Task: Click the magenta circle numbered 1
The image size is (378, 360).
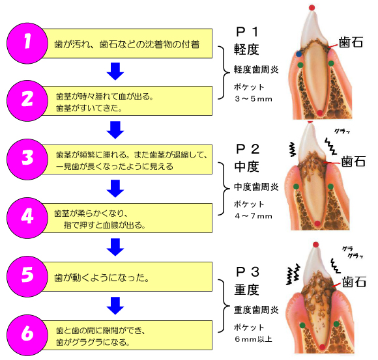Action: (27, 44)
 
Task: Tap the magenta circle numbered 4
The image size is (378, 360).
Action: (27, 218)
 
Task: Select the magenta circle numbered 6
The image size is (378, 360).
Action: (27, 335)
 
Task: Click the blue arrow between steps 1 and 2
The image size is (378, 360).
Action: (115, 71)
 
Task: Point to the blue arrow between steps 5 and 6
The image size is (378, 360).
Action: (115, 305)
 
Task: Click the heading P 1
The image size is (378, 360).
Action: (247, 32)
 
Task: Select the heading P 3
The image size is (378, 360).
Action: (248, 272)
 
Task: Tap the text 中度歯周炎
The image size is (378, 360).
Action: (256, 187)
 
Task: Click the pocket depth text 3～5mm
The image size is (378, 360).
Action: (254, 99)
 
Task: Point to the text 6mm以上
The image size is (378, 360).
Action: (254, 339)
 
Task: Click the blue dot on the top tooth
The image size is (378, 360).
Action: (299, 54)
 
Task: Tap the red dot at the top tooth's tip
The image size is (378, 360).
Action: (312, 8)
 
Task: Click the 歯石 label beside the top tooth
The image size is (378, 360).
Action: (351, 42)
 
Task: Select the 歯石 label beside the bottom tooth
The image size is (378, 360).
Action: (354, 282)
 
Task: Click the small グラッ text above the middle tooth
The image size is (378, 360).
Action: (342, 132)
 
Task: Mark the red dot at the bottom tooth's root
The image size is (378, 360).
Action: (323, 347)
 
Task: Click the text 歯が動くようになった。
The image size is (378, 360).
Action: (102, 277)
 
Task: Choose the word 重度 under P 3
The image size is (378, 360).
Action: (246, 290)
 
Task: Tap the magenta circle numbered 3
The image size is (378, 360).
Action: (27, 159)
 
